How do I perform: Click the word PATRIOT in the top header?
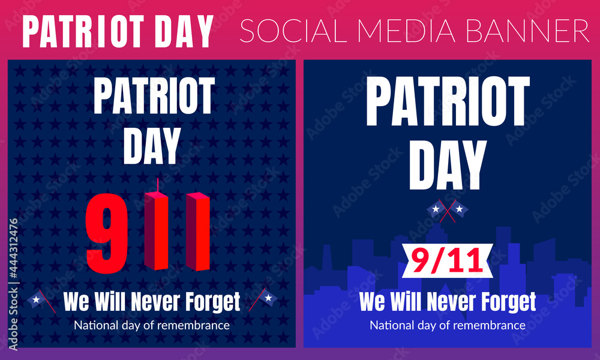tap(83, 31)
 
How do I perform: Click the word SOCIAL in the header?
tap(293, 31)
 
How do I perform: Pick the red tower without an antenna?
tap(198, 232)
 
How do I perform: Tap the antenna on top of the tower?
tap(157, 185)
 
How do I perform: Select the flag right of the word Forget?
tap(263, 299)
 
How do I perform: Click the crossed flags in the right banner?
tap(448, 211)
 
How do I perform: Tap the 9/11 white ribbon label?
tap(448, 260)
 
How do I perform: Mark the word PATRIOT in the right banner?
tap(448, 101)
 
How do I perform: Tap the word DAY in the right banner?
tap(448, 165)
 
